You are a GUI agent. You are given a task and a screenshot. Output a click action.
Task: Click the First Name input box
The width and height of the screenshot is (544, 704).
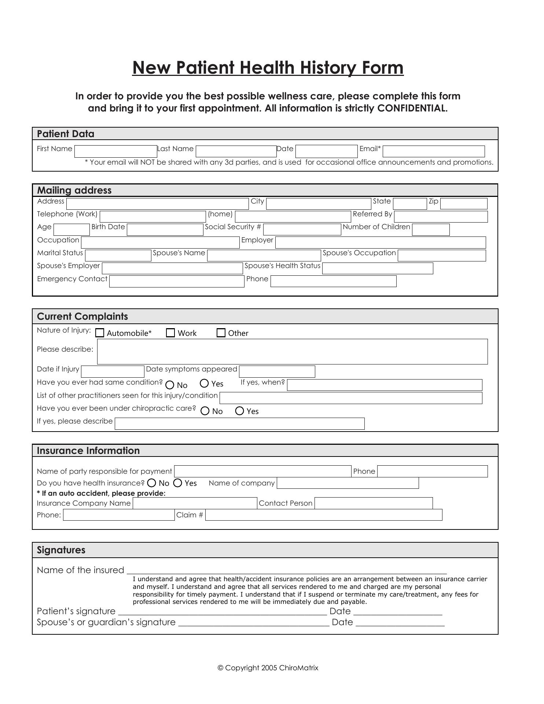115,151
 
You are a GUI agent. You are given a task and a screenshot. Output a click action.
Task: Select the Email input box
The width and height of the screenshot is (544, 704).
434,151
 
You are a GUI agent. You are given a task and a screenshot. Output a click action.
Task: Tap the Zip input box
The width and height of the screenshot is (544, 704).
464,203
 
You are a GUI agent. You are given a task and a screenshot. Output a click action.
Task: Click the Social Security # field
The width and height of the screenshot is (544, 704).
302,229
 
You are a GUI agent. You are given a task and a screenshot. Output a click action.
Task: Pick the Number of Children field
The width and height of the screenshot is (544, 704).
431,230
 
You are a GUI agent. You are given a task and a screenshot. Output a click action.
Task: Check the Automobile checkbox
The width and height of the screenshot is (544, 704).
100,333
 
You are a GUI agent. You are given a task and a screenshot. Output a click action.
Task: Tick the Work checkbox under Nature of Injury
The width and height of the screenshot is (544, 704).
170,333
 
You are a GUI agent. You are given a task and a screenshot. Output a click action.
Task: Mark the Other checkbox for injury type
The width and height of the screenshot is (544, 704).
221,333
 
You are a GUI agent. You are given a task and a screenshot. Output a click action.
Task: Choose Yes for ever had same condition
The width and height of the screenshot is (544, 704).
204,384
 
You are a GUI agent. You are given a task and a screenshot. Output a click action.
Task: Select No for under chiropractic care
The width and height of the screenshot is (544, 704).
205,411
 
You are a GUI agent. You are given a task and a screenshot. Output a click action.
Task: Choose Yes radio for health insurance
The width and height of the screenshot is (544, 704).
178,483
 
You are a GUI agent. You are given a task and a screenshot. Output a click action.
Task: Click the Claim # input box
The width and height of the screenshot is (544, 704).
324,515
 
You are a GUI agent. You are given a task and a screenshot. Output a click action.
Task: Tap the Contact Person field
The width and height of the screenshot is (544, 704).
374,503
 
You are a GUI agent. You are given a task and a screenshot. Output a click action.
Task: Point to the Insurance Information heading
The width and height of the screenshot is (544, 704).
88,451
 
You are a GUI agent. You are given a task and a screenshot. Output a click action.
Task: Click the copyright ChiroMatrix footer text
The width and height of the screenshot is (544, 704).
268,668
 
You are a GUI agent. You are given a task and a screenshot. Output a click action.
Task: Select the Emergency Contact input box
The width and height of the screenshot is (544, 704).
177,281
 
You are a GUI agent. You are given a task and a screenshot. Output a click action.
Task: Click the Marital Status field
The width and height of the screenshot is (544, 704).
118,255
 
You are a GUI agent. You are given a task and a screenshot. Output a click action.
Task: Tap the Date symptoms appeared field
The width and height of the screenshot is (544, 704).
277,371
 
